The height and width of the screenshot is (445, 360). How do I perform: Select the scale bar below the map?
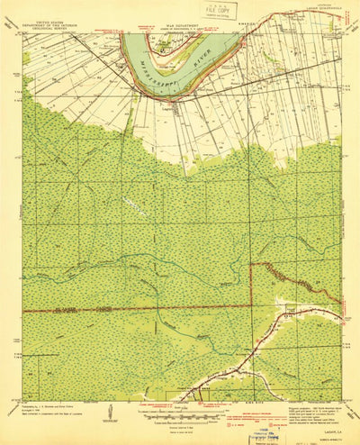click(x=181, y=413)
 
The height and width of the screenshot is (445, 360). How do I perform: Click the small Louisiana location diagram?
click(x=109, y=413)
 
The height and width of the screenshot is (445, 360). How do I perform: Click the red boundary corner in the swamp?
click(x=251, y=265)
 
